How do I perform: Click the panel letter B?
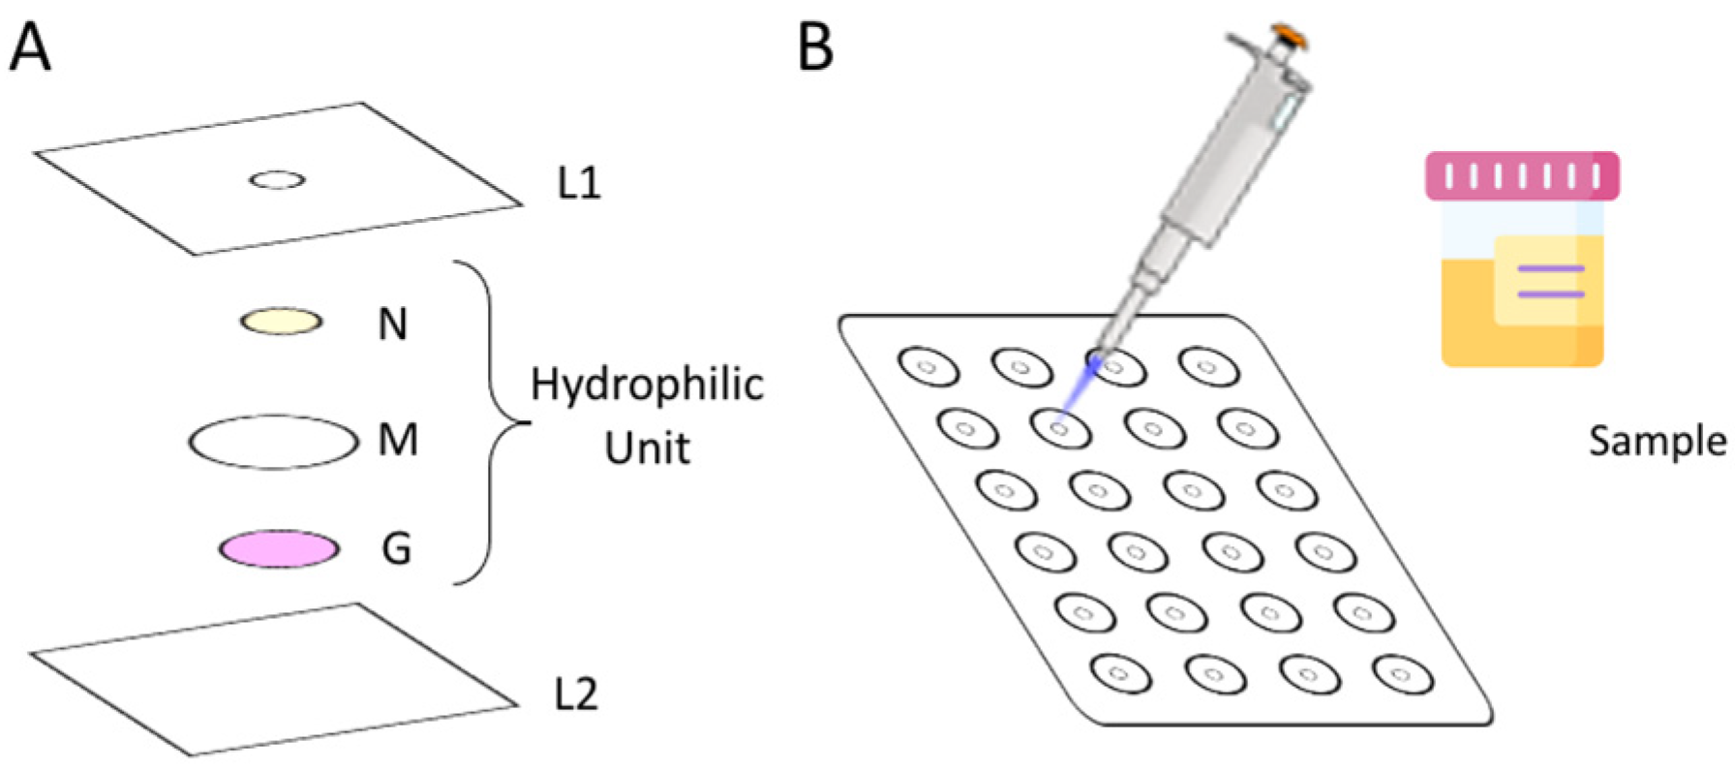point(815,48)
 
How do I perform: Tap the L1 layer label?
point(578,182)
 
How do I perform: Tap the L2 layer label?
point(575,694)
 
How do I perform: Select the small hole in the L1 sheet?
point(278,180)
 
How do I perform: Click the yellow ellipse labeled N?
point(281,322)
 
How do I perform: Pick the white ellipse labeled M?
point(273,443)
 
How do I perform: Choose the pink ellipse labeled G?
point(279,549)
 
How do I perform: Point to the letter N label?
point(392,324)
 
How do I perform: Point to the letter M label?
point(398,441)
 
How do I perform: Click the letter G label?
point(396,549)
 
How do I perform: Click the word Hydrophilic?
point(647,386)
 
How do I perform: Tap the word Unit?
point(647,448)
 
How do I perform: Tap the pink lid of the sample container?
point(1522,176)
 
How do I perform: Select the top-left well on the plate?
point(928,367)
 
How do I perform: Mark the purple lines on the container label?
point(1550,281)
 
